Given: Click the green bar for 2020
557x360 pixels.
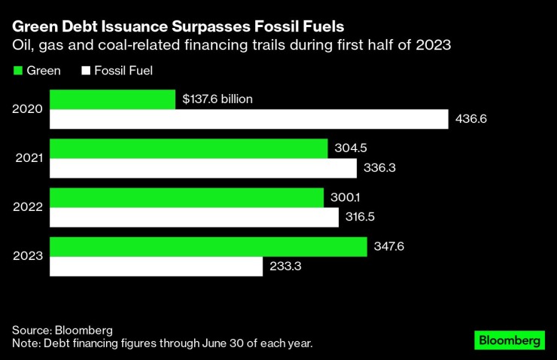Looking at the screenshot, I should [113, 99].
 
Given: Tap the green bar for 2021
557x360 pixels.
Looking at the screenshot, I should [188, 148].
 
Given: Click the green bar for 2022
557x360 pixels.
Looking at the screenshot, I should [187, 197].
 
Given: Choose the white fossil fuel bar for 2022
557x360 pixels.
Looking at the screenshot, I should [194, 217].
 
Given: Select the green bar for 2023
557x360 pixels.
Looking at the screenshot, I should [208, 246].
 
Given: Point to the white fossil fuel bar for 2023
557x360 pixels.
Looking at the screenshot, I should [156, 266].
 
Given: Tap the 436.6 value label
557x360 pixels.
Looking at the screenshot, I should [471, 119].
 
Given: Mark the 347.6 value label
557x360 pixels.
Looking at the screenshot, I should [389, 246].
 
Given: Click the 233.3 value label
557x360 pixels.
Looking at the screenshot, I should [285, 266].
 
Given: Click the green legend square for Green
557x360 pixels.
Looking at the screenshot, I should [18, 71].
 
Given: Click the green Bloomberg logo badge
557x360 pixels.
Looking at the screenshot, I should [509, 340].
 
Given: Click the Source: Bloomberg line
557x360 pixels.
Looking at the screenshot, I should [62, 330].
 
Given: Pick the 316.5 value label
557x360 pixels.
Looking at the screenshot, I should [364, 217].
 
